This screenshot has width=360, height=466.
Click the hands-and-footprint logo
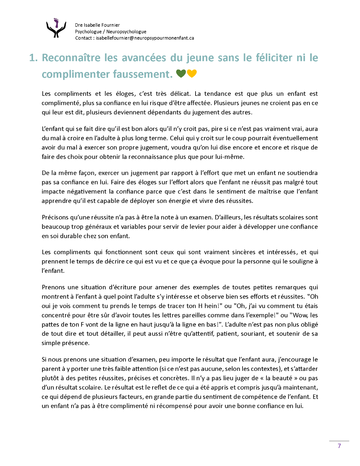[56, 28]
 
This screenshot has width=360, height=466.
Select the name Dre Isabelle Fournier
[97, 25]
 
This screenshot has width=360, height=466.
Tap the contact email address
[145, 38]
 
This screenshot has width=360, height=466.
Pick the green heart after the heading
[181, 74]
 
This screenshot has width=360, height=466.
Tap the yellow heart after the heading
[192, 74]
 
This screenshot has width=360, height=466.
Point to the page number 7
[339, 446]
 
